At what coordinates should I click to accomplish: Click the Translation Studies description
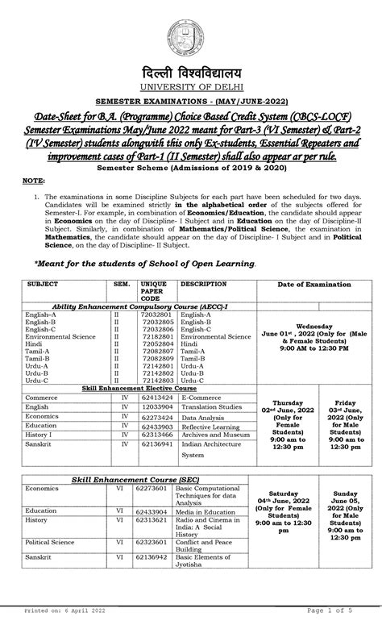click(211, 408)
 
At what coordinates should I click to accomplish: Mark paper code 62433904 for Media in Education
click(156, 510)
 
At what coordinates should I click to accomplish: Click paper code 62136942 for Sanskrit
click(156, 556)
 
